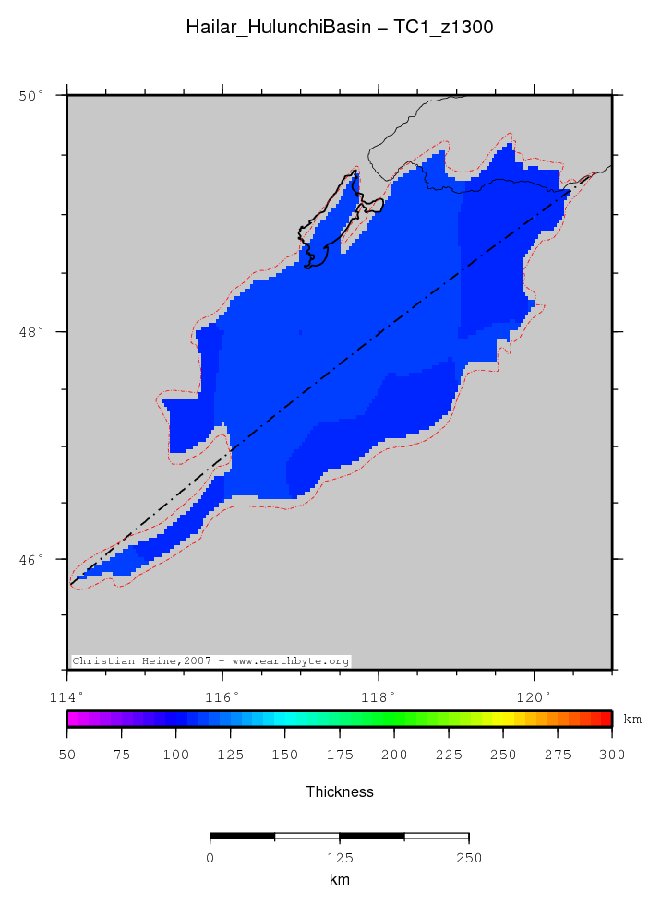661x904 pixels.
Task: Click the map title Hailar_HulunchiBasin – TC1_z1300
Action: (339, 28)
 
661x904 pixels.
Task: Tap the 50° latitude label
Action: (32, 95)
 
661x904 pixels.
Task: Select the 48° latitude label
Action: (32, 332)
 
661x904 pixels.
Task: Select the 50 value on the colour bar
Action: (67, 755)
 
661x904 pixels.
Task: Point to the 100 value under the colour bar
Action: (175, 755)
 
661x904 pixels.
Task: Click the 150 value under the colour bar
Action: (285, 755)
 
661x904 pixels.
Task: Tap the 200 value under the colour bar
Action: (394, 755)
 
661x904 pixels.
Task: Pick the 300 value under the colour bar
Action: (611, 755)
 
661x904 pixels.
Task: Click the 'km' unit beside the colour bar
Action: (632, 719)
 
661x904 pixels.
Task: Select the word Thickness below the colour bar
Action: (339, 791)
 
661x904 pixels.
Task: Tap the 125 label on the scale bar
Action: (339, 858)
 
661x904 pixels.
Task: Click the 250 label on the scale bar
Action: (469, 858)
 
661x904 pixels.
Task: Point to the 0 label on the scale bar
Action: (210, 858)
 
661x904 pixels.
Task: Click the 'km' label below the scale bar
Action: (339, 880)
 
